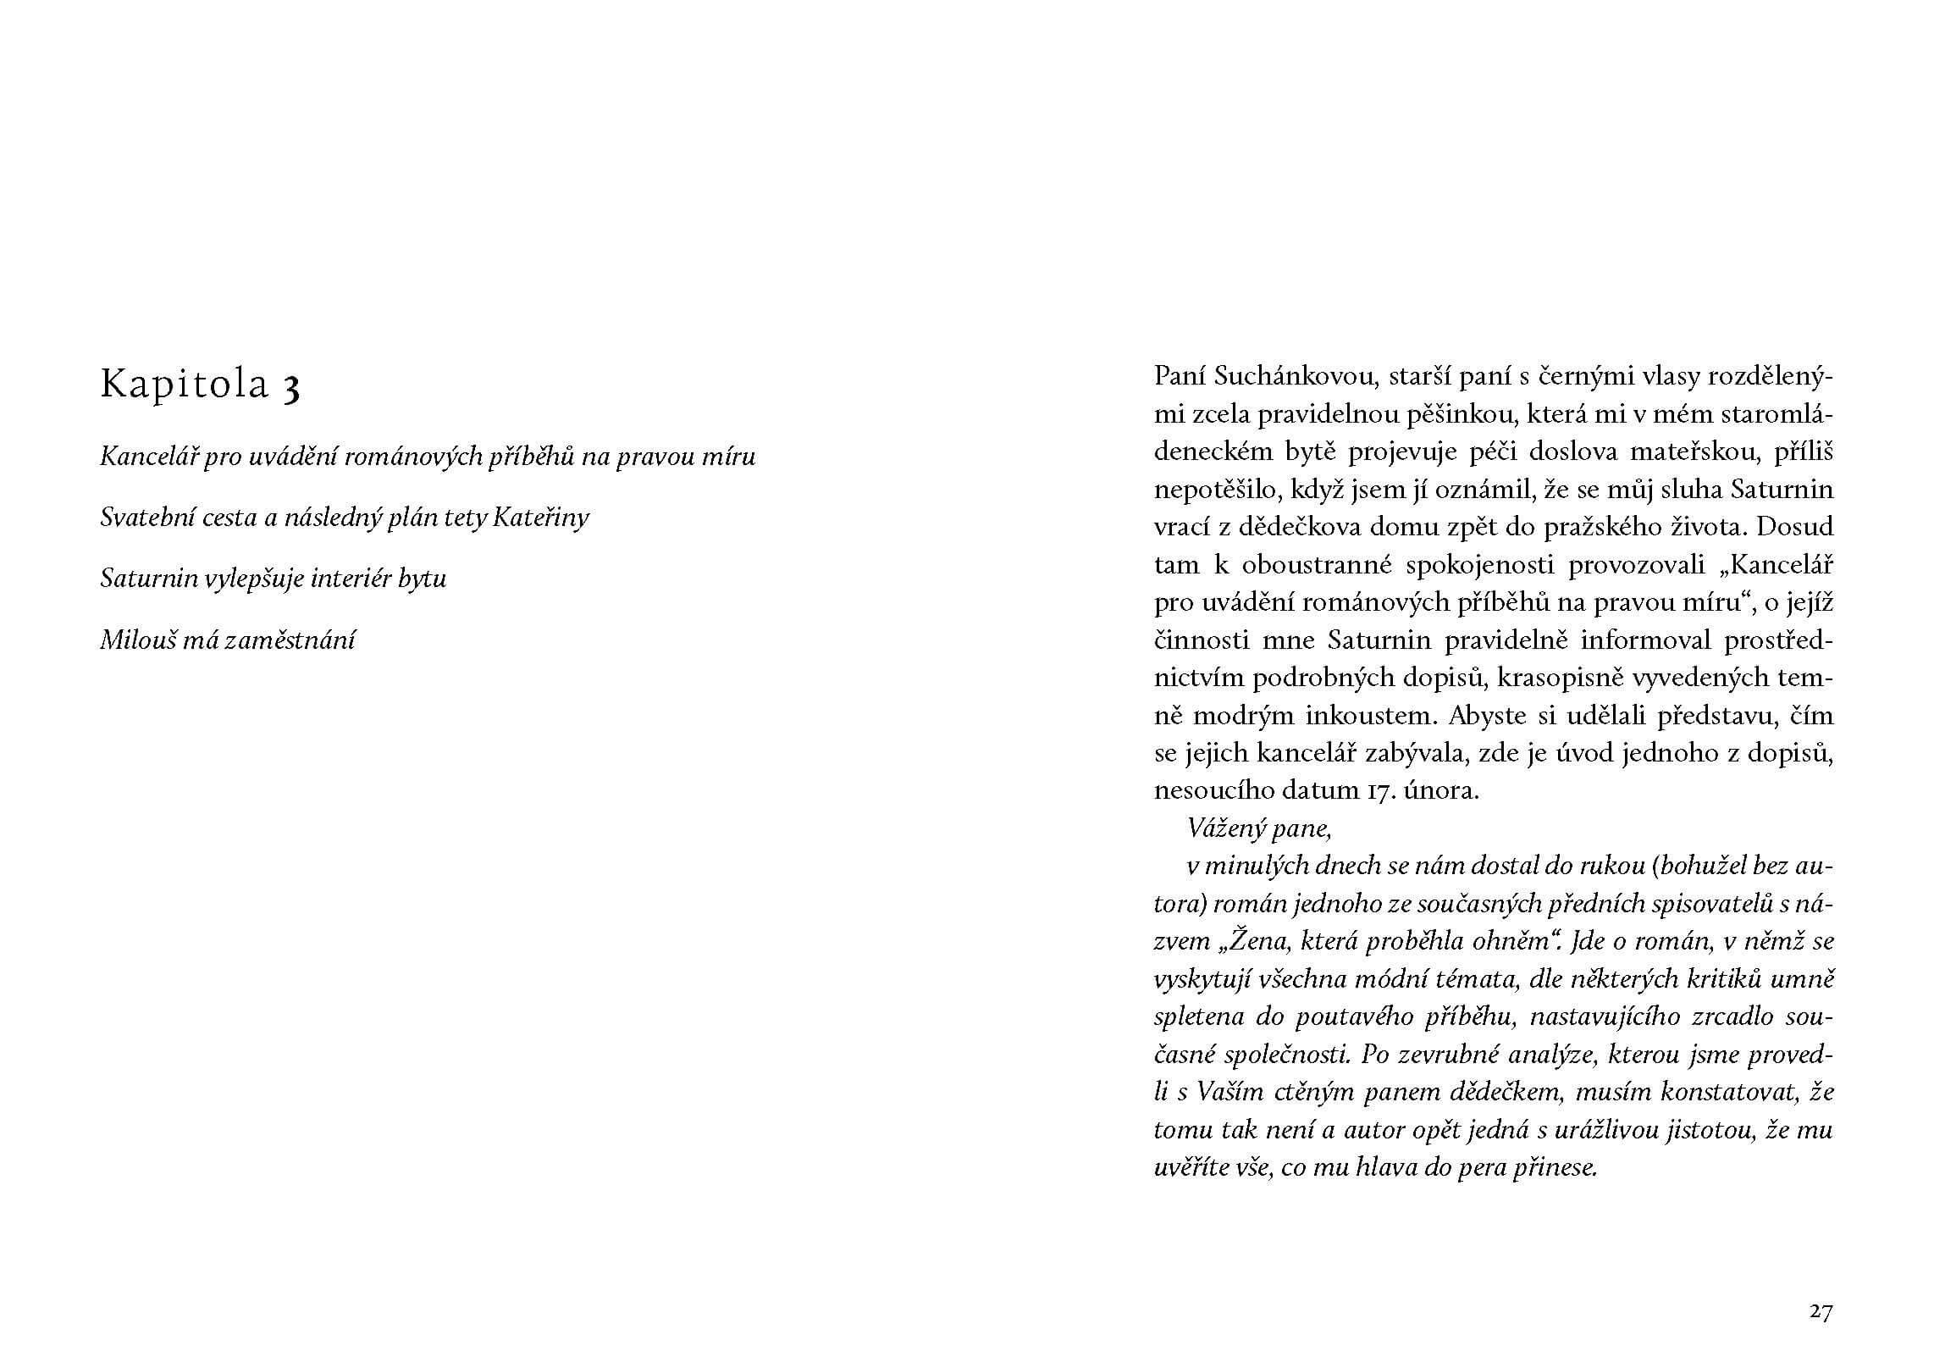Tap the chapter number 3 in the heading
pyautogui.click(x=290, y=388)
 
